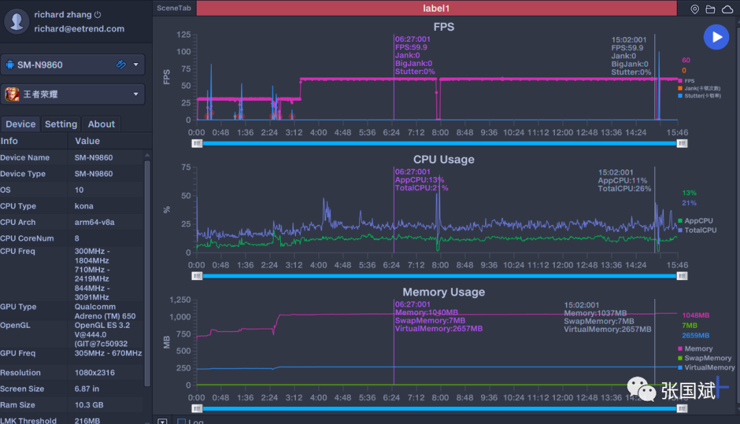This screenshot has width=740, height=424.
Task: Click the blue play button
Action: click(716, 36)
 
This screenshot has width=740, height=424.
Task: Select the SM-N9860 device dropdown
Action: click(73, 64)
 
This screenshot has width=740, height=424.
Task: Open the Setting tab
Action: click(61, 124)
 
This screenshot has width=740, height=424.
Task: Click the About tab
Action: click(101, 124)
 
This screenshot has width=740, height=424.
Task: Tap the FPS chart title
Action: click(443, 27)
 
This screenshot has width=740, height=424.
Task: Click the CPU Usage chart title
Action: click(443, 159)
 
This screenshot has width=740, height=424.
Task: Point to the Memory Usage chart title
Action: click(443, 292)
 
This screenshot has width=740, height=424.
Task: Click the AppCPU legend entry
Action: click(698, 221)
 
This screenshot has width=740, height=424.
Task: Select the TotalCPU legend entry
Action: click(699, 230)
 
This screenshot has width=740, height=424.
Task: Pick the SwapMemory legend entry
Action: click(707, 358)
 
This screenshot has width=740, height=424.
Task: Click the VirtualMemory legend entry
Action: click(708, 368)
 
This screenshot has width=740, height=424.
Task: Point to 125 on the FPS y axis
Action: click(184, 34)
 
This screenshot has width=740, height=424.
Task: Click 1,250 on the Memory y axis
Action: click(180, 300)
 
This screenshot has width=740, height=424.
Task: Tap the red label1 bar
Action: click(436, 8)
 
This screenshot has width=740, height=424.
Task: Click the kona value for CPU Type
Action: click(84, 206)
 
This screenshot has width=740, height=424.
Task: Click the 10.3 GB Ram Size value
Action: click(89, 405)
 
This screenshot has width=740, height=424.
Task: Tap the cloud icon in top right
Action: click(727, 9)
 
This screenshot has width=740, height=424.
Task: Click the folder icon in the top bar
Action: click(711, 9)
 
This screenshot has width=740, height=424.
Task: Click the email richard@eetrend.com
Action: click(79, 29)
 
